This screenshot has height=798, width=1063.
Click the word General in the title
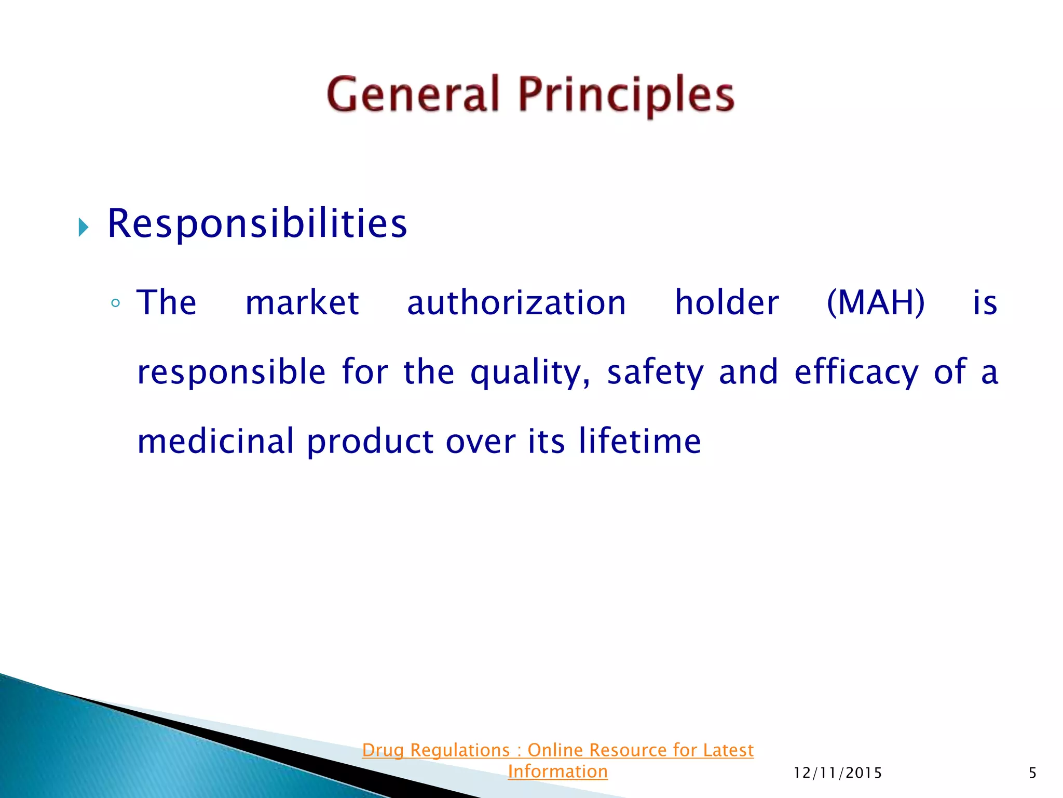click(x=413, y=95)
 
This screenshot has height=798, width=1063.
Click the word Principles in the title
click(x=626, y=96)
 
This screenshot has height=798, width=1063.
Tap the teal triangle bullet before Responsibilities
click(x=84, y=228)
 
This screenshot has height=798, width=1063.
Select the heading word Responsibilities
click(x=257, y=224)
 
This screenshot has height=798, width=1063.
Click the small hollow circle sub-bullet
click(x=115, y=303)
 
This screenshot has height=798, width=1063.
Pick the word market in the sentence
click(x=302, y=303)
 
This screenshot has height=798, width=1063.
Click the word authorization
click(x=516, y=303)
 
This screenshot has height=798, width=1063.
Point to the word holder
click(x=727, y=303)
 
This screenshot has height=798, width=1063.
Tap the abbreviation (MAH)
click(x=876, y=303)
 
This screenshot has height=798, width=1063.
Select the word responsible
click(x=231, y=373)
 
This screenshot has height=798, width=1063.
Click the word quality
click(x=529, y=373)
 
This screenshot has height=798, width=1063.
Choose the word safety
click(x=656, y=373)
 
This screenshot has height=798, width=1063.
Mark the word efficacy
click(x=856, y=373)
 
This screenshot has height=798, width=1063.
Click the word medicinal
click(x=215, y=442)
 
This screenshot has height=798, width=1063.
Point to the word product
click(x=370, y=442)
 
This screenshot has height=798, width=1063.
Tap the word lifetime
click(x=639, y=442)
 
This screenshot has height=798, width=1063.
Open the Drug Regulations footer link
click(x=557, y=750)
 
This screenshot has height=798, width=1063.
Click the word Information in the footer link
click(x=557, y=772)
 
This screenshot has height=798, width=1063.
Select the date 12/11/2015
click(x=838, y=774)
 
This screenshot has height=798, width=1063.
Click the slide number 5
click(x=1032, y=774)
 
